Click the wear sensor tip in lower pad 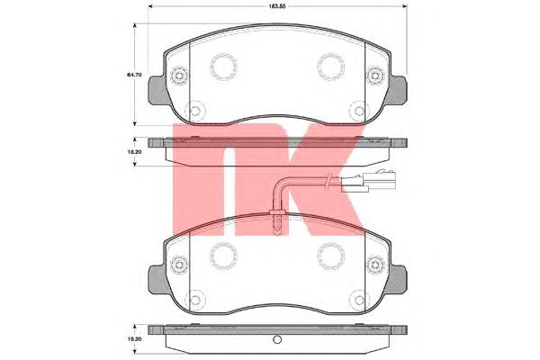click(277, 223)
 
